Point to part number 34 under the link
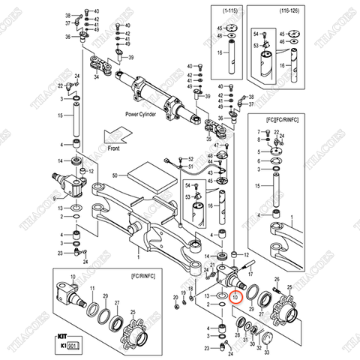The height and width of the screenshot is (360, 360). [96, 75]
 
